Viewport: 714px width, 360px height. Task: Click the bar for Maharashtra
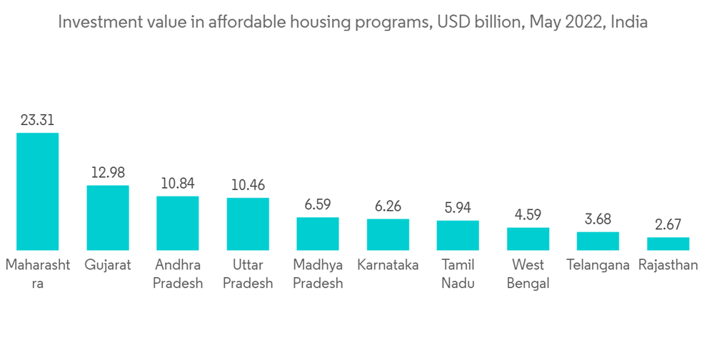(x=37, y=191)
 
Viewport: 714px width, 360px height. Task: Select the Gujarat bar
(x=108, y=218)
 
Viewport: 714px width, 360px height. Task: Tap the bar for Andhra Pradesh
(x=178, y=223)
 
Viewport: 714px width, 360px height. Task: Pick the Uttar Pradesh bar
(x=248, y=224)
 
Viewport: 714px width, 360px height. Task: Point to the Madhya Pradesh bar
(x=318, y=234)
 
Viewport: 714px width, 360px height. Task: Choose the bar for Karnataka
(x=388, y=234)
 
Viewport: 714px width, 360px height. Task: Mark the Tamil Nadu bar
(x=458, y=235)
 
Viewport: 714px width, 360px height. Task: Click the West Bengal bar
(x=528, y=239)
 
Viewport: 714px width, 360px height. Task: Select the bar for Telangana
(x=598, y=241)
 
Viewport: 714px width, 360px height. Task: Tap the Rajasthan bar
(x=668, y=244)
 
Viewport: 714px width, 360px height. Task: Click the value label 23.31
(x=37, y=121)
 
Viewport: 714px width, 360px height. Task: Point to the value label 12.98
(x=108, y=173)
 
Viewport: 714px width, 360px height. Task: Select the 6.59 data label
(x=318, y=205)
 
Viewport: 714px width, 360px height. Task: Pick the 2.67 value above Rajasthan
(x=668, y=225)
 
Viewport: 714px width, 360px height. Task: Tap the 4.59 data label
(x=528, y=215)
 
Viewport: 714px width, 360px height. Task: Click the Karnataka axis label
(x=388, y=265)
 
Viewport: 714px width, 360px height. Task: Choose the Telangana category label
(x=598, y=265)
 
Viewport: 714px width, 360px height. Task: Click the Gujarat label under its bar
(x=108, y=265)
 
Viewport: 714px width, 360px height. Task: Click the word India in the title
(x=630, y=22)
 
